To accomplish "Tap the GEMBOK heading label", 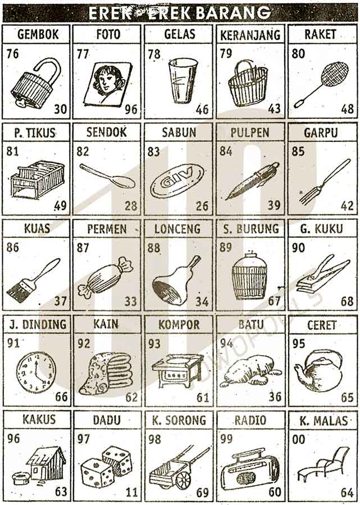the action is click(38, 34).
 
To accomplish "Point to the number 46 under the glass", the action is click(202, 109).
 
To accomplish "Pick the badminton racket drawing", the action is click(321, 84).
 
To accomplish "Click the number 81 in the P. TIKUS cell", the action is click(12, 151).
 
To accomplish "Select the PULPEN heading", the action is click(250, 132).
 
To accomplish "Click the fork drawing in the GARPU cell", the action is click(325, 182).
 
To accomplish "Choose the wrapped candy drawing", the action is click(106, 278).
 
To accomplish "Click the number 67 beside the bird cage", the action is click(274, 301).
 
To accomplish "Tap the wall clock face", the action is click(36, 371).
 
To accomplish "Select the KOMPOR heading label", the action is click(179, 325).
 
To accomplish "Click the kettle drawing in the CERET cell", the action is click(318, 370).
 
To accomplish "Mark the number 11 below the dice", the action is click(131, 493).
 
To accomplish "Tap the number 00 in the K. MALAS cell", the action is click(298, 439).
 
